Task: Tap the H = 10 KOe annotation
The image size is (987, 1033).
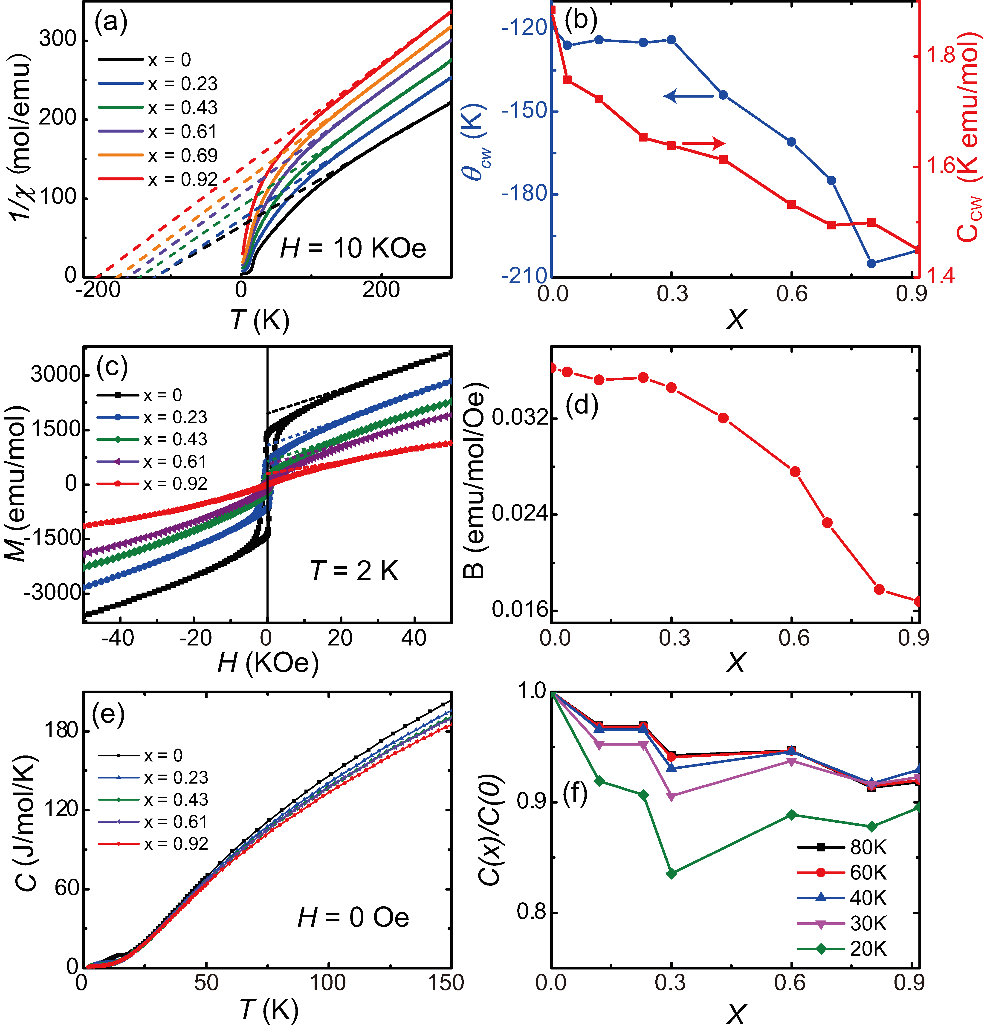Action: tap(353, 248)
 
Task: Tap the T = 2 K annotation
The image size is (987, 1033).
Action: tap(354, 571)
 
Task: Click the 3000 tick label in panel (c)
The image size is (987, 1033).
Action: tap(55, 375)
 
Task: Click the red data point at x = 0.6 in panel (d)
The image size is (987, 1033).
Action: tap(795, 471)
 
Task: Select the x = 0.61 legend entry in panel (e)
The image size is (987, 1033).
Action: tap(153, 822)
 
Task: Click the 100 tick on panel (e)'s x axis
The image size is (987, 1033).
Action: tap(328, 983)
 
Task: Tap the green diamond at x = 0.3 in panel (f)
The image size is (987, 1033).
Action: tap(671, 873)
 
